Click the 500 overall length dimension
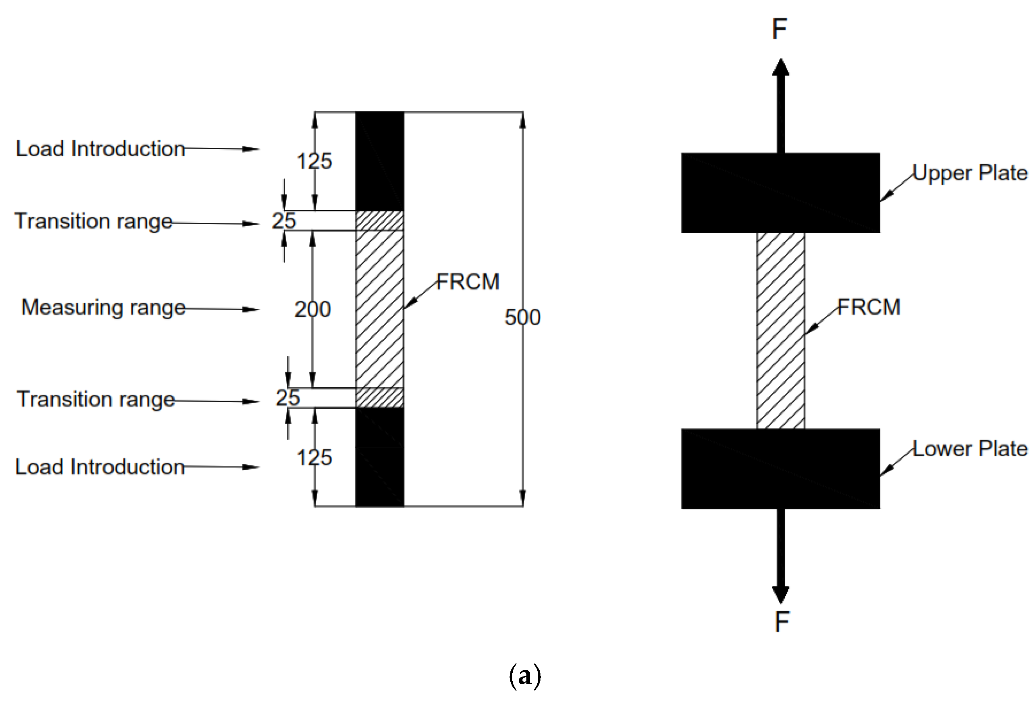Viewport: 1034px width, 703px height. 522,317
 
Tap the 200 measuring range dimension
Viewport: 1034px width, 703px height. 312,309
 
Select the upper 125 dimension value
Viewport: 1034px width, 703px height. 314,161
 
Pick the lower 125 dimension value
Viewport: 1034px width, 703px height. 314,458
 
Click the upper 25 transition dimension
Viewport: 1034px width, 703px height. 284,221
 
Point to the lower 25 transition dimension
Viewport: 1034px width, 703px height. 288,398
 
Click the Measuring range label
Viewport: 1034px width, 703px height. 103,308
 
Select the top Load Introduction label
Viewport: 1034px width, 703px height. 100,148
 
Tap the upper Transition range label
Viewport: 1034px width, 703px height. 93,221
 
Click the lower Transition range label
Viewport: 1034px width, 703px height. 96,399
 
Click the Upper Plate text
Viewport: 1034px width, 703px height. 970,173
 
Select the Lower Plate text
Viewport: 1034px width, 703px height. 970,449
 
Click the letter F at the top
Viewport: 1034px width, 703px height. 780,29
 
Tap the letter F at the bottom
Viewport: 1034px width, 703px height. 782,622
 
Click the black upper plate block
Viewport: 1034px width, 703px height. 780,193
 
